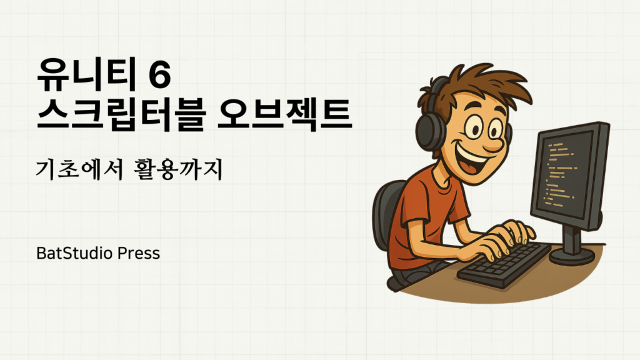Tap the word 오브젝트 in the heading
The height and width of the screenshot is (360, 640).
(x=284, y=115)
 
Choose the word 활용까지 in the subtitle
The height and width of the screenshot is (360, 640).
(x=178, y=169)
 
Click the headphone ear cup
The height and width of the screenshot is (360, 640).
(x=429, y=131)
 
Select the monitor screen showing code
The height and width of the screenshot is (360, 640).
(x=570, y=174)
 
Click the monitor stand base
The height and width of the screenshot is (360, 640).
(x=572, y=255)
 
